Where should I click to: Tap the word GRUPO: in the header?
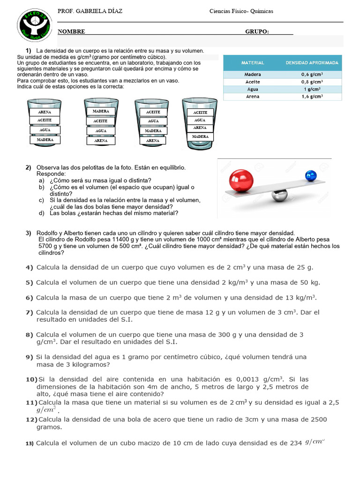(257, 31)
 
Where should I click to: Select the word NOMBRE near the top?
(71, 31)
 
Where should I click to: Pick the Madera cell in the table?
(253, 74)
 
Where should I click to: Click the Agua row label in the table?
(253, 89)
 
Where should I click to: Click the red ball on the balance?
(241, 180)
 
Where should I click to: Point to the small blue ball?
(311, 176)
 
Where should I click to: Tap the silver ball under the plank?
(281, 195)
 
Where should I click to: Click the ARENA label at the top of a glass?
(45, 112)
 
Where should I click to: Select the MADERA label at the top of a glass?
(101, 111)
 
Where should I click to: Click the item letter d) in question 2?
(41, 213)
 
